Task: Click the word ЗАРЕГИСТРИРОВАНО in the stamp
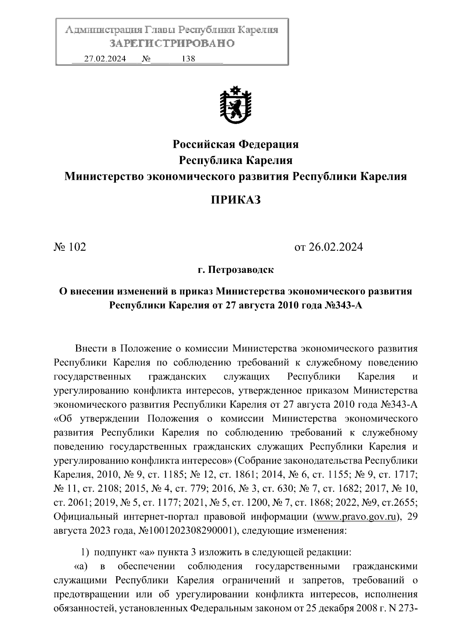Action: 172,44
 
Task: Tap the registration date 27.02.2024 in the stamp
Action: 105,59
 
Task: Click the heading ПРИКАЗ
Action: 235,200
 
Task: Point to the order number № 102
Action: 70,247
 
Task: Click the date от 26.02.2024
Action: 328,247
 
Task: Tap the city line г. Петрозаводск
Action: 235,270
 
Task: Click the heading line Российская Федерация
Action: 235,144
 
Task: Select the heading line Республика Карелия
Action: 235,160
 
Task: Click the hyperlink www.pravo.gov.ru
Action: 357,517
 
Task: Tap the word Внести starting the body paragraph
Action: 91,348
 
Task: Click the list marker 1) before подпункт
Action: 85,552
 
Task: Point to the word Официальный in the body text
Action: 86,517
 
